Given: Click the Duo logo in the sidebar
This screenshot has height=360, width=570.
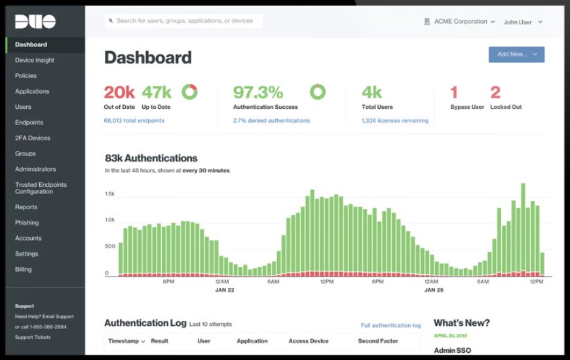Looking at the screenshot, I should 35,22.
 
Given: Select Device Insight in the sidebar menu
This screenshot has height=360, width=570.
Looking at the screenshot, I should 35,60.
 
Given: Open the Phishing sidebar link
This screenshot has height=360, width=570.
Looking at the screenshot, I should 27,223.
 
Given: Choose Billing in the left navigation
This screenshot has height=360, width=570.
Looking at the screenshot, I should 24,270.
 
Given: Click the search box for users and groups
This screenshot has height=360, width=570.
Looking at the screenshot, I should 183,21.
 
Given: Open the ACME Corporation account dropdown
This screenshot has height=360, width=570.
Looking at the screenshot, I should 461,22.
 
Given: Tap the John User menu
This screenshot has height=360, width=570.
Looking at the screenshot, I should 522,22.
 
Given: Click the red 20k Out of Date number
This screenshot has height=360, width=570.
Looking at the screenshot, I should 119,92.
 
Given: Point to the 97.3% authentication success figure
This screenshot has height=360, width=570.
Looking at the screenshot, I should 258,92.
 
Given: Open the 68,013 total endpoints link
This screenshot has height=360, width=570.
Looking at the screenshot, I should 134,121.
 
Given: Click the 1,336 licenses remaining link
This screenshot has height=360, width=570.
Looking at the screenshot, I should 394,121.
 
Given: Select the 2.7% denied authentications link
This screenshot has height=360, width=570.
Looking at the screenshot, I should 271,121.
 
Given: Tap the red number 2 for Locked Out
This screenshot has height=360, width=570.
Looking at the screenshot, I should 495,92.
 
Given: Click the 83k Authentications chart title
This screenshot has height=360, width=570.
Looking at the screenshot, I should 151,158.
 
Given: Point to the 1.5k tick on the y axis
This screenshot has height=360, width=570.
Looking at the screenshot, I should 110,194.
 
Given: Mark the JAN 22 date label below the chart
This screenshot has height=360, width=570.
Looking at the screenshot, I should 225,289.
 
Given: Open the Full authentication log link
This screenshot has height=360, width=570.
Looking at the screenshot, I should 390,325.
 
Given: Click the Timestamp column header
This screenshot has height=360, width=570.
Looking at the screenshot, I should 126,341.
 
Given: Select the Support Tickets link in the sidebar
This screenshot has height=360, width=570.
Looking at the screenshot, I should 33,337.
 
